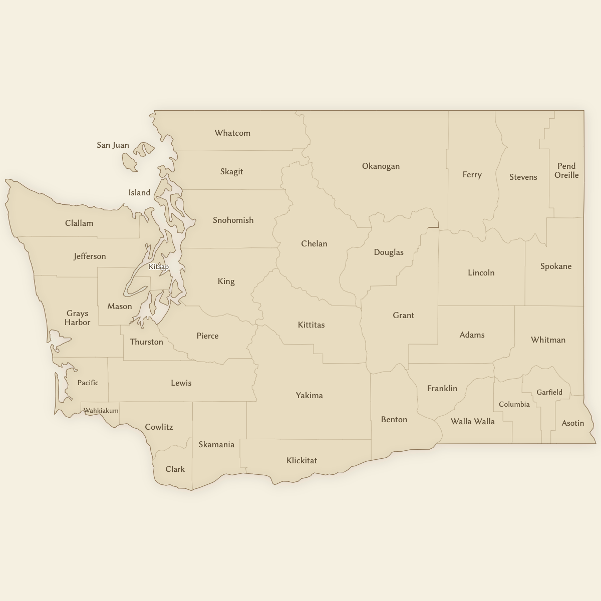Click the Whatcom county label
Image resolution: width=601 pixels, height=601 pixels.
point(232,133)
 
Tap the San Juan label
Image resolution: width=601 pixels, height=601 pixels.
point(113,145)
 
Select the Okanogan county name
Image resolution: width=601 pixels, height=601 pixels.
point(381,166)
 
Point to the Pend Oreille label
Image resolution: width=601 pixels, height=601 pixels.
point(566,171)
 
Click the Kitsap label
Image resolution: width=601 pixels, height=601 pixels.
point(159,267)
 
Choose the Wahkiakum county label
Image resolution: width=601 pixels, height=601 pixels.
point(101,411)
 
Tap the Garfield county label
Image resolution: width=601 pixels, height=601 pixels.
point(549,393)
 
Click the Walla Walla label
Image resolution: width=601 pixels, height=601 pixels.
point(472,422)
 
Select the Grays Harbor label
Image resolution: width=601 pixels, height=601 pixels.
point(77,318)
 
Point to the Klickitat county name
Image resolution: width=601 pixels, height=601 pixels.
point(302,461)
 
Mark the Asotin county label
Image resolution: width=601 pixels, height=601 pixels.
point(572,423)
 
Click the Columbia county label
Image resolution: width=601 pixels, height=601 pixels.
point(514,405)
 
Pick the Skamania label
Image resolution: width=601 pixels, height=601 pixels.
point(216,445)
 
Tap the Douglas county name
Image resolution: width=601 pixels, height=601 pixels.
point(389,252)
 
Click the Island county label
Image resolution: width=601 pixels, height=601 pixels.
point(139,193)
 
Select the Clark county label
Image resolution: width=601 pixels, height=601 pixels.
point(175,469)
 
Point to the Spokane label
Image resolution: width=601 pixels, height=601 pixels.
point(556,266)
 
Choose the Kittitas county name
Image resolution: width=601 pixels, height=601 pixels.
point(311,325)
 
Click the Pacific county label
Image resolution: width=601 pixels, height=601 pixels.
point(88,383)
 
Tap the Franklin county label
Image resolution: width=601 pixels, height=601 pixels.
point(442,389)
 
